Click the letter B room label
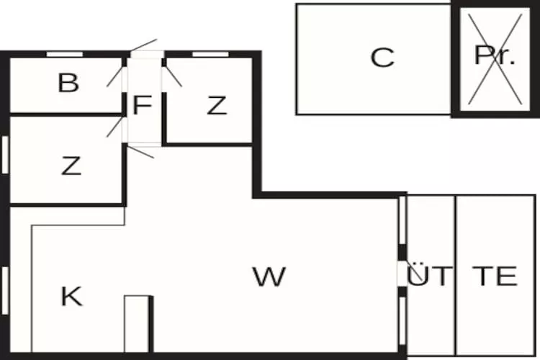point(68,84)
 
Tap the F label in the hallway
point(142,106)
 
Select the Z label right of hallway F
point(217,106)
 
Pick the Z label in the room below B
point(71,166)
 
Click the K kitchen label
point(71,296)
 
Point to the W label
point(269,276)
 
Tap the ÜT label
point(430,276)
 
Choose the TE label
point(495,276)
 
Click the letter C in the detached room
point(382,58)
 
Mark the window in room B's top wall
point(66,54)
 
